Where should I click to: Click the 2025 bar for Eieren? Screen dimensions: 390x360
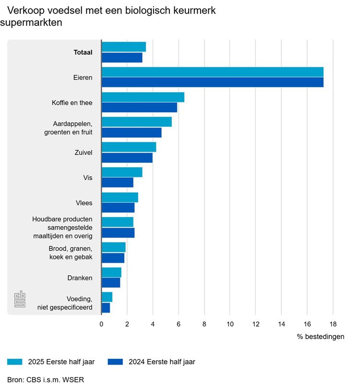click(212, 72)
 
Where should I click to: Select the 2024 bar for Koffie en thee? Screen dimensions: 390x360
click(139, 108)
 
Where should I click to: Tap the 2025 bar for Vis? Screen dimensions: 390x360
click(122, 172)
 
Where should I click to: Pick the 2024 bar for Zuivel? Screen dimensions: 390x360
click(127, 158)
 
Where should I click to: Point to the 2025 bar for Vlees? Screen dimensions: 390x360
click(120, 197)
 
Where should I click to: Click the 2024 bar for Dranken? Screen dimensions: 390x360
click(111, 283)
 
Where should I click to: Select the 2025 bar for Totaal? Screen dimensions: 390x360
click(124, 47)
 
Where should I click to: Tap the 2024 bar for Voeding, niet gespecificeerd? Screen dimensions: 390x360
click(106, 308)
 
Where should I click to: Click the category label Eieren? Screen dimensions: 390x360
click(83, 77)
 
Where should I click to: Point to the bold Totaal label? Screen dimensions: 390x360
click(83, 52)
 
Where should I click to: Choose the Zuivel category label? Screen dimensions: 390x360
click(84, 153)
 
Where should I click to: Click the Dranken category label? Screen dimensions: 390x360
click(80, 278)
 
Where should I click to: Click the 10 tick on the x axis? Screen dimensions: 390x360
click(230, 323)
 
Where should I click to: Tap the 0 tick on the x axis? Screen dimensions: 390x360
click(101, 323)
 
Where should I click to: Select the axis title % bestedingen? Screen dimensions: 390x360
click(320, 337)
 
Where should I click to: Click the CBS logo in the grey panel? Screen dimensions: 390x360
click(20, 299)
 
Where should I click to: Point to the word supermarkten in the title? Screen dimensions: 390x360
click(32, 22)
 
